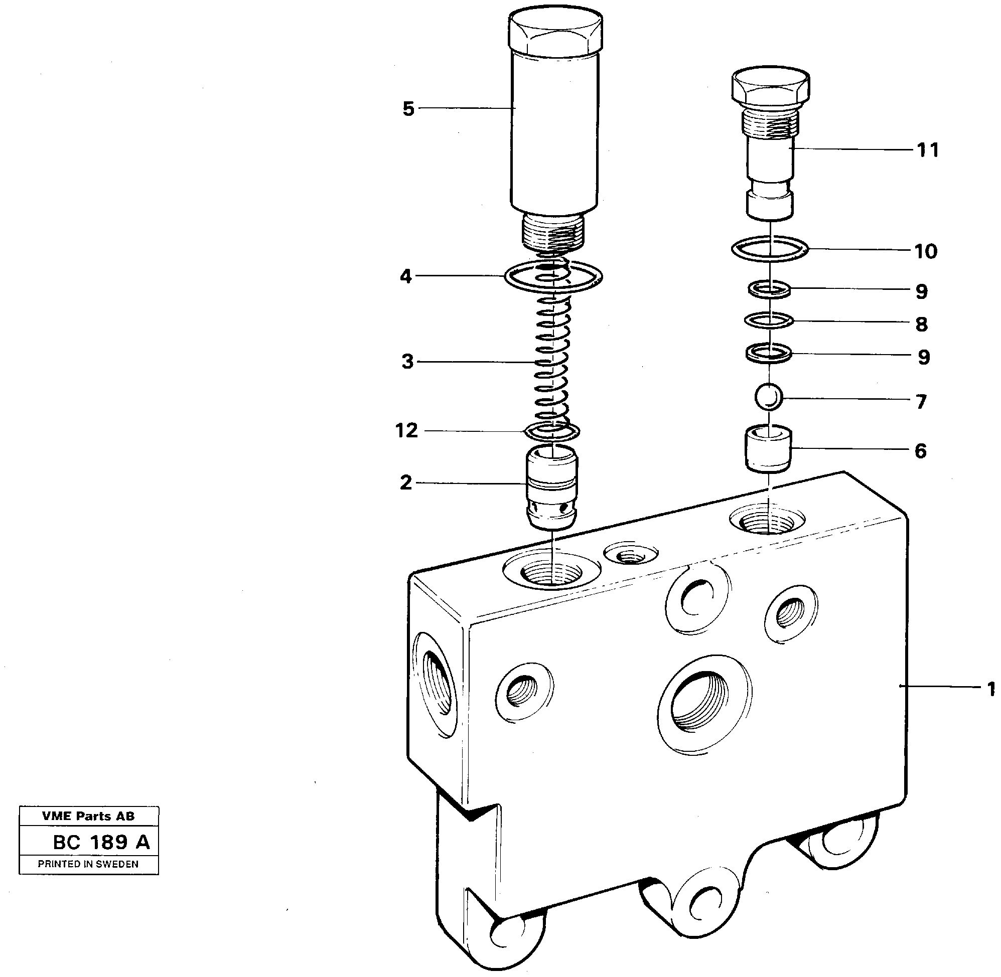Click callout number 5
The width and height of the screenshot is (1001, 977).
tap(408, 109)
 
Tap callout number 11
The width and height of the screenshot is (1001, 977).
tap(928, 150)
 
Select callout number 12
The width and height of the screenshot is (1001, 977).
tap(406, 430)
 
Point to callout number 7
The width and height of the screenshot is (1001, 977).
tap(921, 401)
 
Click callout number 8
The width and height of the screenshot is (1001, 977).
tap(921, 324)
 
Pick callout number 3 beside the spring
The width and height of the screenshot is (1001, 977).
tap(407, 362)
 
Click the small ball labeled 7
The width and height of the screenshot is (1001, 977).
tap(769, 396)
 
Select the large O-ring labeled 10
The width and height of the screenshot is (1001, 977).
tap(770, 249)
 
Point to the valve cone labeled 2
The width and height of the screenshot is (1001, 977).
tap(551, 487)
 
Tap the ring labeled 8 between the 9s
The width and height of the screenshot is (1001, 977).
tap(769, 320)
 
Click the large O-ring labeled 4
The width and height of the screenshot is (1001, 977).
tap(553, 276)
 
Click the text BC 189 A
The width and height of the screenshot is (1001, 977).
tap(101, 842)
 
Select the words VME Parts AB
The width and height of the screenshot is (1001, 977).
tap(88, 816)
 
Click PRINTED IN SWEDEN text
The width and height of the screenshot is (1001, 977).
tap(88, 864)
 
